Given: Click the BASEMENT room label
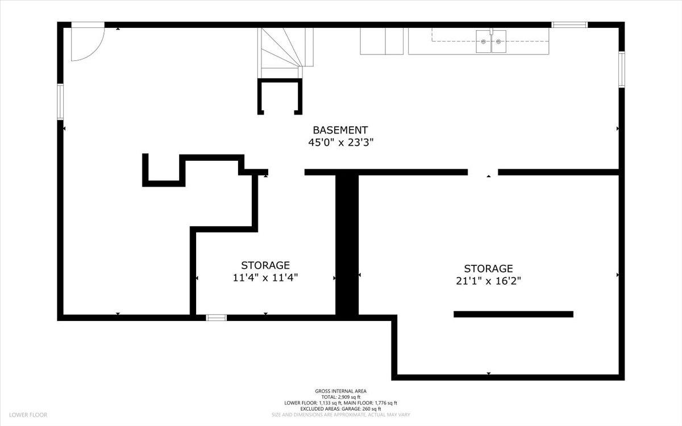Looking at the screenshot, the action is coord(340,130).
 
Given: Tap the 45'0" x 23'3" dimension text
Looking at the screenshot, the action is coord(340,143).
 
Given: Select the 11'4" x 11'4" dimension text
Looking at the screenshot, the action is coord(265,278).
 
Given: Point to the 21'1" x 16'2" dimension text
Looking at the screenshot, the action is coord(488,281).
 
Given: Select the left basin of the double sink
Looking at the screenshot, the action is coord(483,41).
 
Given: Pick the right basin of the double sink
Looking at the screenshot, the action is coord(498,41).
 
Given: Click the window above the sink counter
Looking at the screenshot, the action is coord(569,24).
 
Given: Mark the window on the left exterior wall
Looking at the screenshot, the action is coord(60,102).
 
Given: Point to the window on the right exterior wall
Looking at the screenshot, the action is coord(621,69).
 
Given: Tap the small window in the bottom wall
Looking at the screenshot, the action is coord(216,318).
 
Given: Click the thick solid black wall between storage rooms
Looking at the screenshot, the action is coord(347,245).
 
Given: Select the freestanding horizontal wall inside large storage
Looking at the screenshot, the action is coord(513,314).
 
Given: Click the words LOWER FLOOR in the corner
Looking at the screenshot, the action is coord(28,415).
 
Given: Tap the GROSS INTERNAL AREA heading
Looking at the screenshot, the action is coord(340,391).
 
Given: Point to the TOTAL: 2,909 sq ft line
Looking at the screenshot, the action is coord(340,397).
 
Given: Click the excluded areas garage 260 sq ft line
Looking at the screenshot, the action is coord(340,409).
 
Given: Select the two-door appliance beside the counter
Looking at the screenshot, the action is coord(382,41).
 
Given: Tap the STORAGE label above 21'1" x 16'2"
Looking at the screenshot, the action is coord(488,268).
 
